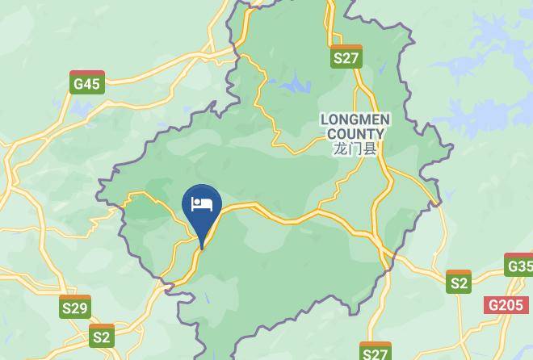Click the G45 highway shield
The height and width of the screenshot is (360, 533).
point(86,82)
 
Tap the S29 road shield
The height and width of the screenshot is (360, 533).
point(75,307)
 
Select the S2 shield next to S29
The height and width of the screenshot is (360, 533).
point(102,335)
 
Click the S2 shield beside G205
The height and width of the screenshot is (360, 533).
point(459,282)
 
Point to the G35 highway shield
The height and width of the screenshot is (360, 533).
point(519,265)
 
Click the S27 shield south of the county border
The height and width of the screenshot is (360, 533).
point(376,351)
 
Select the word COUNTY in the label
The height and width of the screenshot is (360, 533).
point(355,134)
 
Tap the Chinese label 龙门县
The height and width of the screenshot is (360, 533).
point(355,149)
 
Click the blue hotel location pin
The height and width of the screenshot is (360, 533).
point(202,206)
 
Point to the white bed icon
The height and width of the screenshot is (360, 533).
point(202,203)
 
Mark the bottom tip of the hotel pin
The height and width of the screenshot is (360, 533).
point(202,247)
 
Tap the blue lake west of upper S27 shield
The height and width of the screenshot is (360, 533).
point(294,82)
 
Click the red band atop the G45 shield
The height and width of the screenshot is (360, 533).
point(86,73)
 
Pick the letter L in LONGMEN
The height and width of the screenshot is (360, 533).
point(325,119)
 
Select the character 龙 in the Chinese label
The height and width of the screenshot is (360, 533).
point(339,149)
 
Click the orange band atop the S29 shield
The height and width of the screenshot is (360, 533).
point(75,298)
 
